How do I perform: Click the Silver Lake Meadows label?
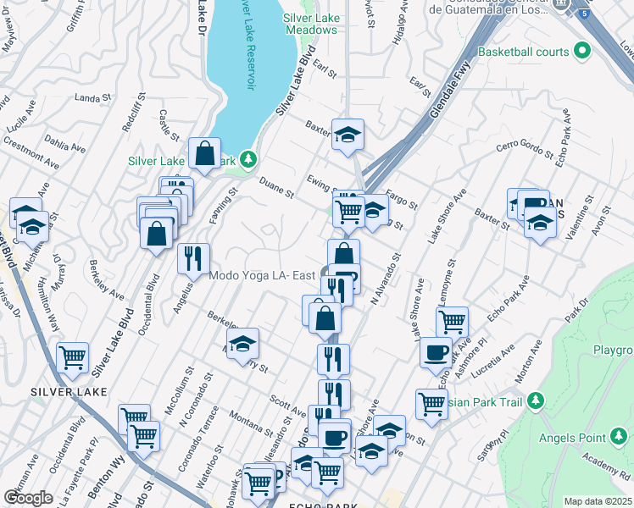point(310,23)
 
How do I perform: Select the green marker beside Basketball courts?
point(581,52)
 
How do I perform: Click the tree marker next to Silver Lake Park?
point(247,158)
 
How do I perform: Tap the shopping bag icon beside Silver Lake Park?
point(205,154)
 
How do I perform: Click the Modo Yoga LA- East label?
point(262,275)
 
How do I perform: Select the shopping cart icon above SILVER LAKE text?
point(72,358)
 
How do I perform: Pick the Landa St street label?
point(92,99)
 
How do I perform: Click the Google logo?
point(27,498)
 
